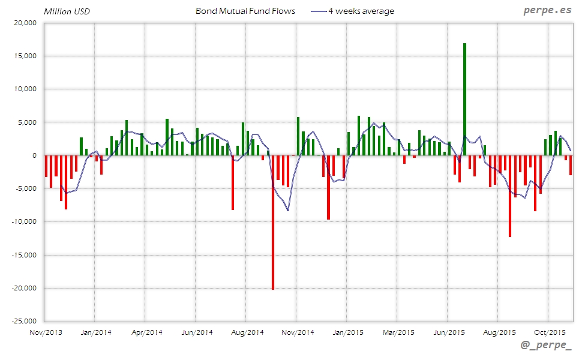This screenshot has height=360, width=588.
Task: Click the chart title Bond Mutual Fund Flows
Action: click(x=245, y=11)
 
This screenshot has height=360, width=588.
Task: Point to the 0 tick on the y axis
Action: click(x=34, y=155)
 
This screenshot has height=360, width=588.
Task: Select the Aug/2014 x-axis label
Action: click(x=247, y=332)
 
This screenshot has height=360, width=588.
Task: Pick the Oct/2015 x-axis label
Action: click(x=550, y=332)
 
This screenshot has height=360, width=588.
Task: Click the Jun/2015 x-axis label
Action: click(x=449, y=332)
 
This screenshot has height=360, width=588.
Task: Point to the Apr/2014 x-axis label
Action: click(x=146, y=332)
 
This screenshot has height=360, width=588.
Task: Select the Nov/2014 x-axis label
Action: click(x=298, y=332)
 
